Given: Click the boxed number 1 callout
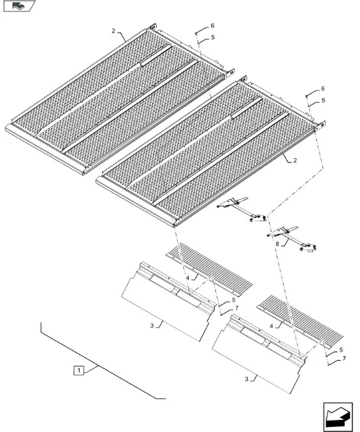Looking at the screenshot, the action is pyautogui.click(x=79, y=370).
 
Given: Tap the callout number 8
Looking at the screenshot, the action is pyautogui.click(x=277, y=244).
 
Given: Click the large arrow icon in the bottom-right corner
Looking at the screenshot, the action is pyautogui.click(x=338, y=417).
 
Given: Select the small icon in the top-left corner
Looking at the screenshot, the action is pyautogui.click(x=19, y=6).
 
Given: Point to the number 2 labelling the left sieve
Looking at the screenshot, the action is pyautogui.click(x=113, y=31).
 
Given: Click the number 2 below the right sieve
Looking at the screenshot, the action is pyautogui.click(x=295, y=161).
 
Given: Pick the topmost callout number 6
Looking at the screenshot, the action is pyautogui.click(x=212, y=25).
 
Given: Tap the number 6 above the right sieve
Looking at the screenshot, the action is pyautogui.click(x=323, y=89).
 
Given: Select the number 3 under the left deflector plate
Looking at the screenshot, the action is pyautogui.click(x=152, y=326).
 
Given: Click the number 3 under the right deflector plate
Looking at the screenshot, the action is pyautogui.click(x=247, y=379).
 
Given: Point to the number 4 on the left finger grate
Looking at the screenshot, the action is pyautogui.click(x=187, y=278).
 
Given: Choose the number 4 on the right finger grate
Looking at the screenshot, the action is pyautogui.click(x=271, y=326).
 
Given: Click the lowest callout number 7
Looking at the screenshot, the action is pyautogui.click(x=344, y=359).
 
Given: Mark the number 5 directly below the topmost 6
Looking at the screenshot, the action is pyautogui.click(x=213, y=38).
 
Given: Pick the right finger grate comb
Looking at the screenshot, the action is pyautogui.click(x=300, y=322).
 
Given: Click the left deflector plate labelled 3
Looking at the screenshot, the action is pyautogui.click(x=169, y=301).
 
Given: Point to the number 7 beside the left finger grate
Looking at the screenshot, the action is pyautogui.click(x=236, y=308).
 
